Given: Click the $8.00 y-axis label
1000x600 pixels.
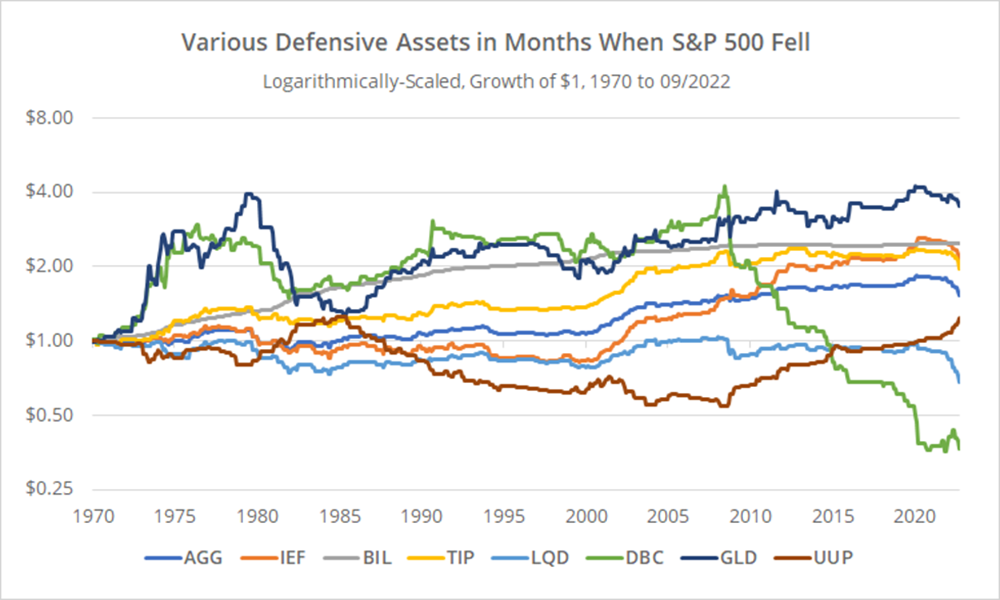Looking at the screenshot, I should tap(50, 117).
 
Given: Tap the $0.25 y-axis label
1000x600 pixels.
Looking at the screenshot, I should tap(50, 488).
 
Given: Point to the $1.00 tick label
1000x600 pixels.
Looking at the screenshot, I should tap(50, 340).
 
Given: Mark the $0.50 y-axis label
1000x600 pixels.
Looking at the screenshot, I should tap(50, 415).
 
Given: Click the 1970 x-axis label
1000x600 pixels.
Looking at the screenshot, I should tap(94, 516).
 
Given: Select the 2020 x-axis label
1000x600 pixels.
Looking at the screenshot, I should tap(915, 516).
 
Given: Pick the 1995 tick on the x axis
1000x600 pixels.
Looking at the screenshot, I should tap(504, 516).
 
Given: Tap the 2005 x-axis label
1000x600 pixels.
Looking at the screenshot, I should tap(668, 516).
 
